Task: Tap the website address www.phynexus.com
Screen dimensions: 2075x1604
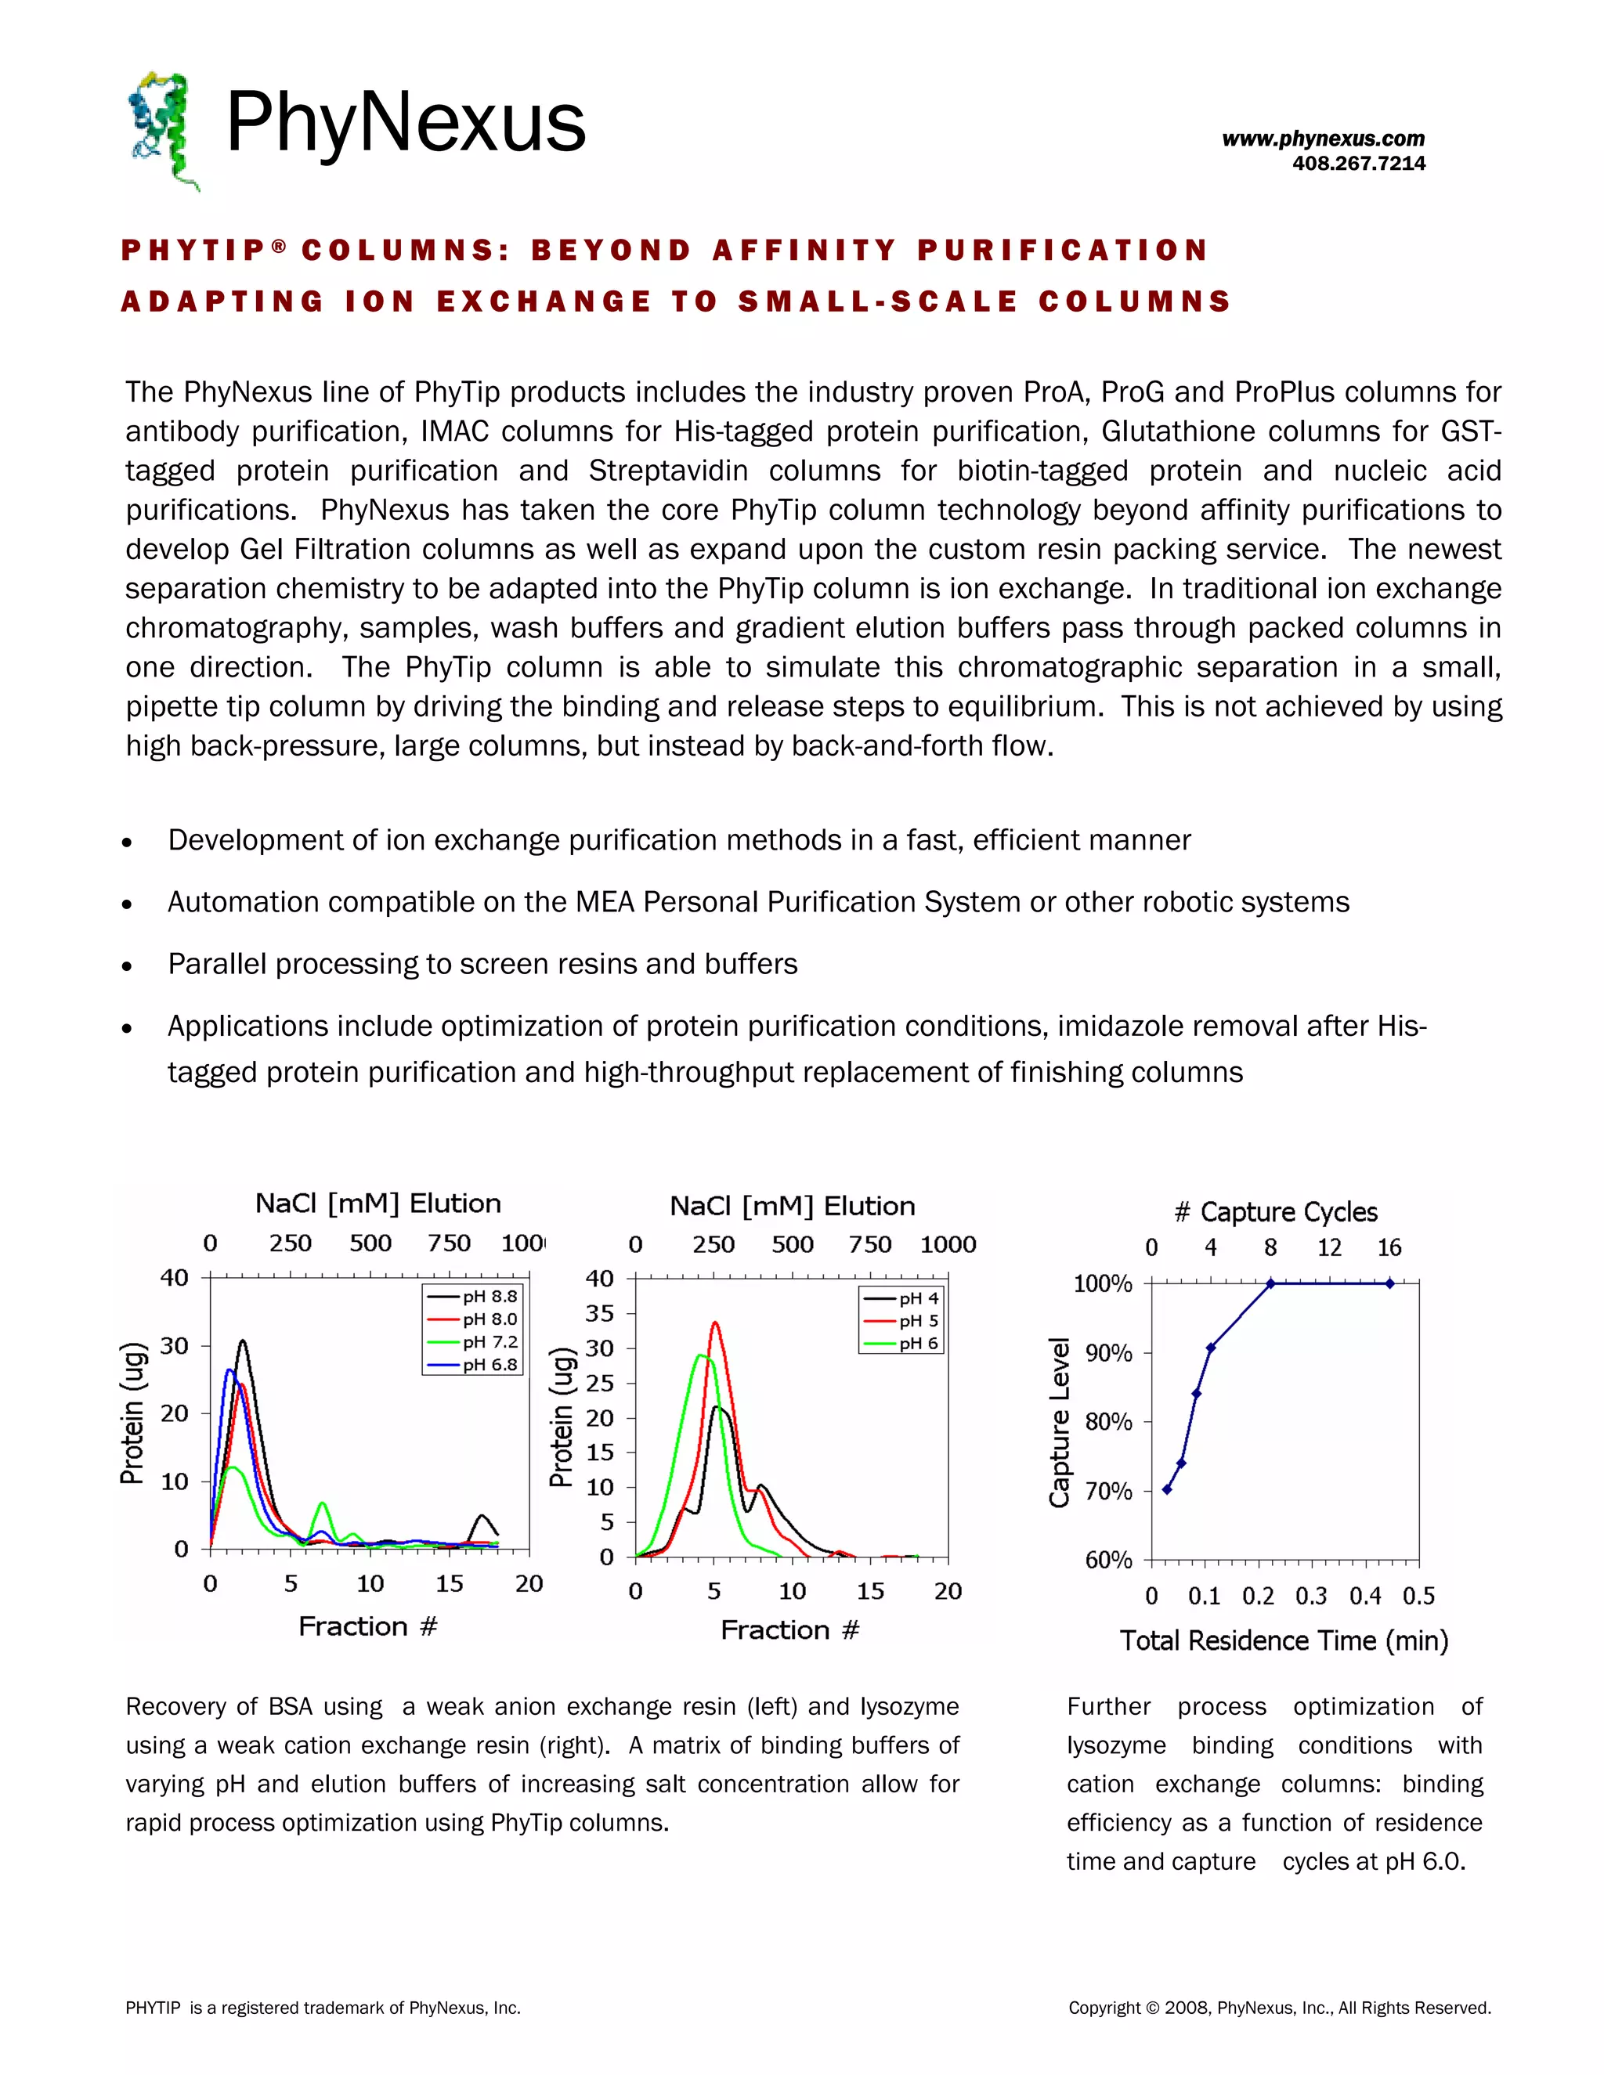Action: [1323, 139]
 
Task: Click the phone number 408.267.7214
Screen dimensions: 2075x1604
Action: [1358, 164]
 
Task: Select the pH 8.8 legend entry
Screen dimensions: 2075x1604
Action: [472, 1296]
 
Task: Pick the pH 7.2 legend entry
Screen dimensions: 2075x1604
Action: [472, 1341]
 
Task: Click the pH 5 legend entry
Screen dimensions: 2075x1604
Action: [901, 1321]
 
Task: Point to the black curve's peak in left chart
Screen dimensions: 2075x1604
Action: [242, 1341]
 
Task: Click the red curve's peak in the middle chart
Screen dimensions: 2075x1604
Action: [714, 1323]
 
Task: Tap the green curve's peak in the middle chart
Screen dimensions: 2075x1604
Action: [701, 1355]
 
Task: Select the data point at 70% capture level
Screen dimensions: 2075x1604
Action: [1167, 1489]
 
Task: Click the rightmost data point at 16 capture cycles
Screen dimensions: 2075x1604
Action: [1389, 1283]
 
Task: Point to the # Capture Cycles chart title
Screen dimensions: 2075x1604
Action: [1275, 1211]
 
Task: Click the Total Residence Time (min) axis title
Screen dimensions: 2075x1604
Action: [1283, 1640]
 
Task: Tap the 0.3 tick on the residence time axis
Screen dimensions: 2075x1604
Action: [1311, 1596]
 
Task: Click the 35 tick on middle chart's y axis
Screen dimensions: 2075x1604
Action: [600, 1313]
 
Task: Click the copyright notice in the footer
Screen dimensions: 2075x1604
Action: [1279, 2008]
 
